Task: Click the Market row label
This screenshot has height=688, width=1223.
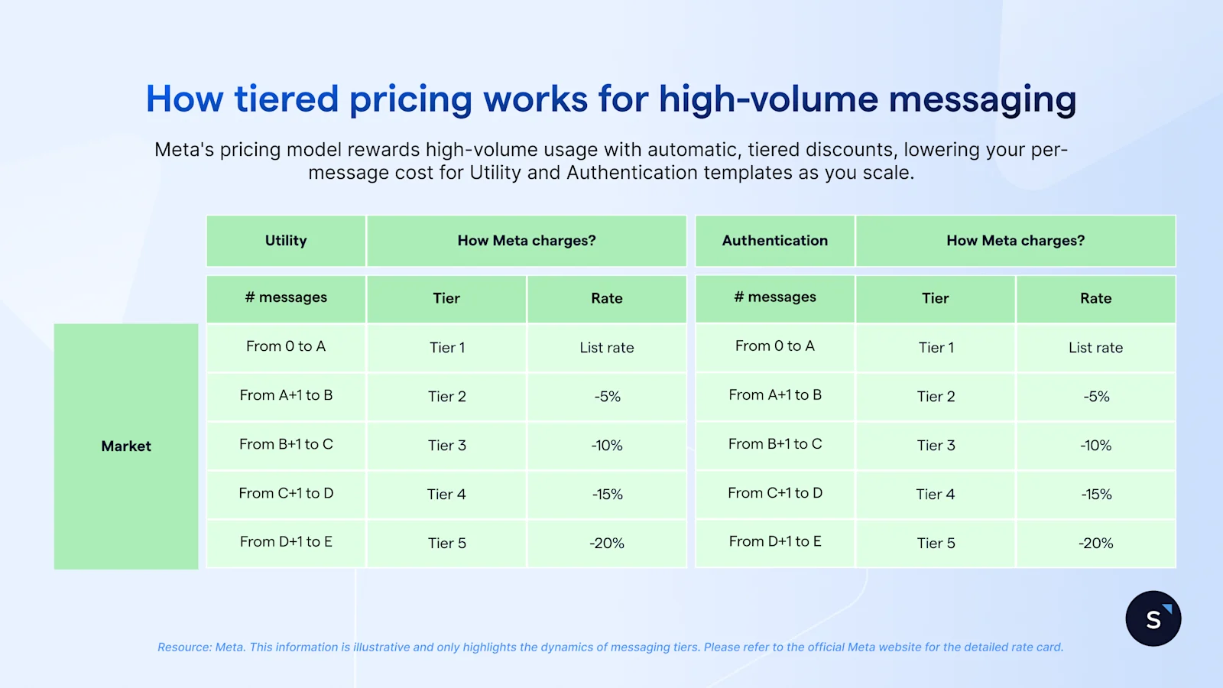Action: point(126,446)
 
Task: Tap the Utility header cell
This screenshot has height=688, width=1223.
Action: point(286,241)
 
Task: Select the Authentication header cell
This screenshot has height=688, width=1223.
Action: point(774,241)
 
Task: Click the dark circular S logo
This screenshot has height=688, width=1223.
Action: point(1153,618)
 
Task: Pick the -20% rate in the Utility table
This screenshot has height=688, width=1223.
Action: point(607,544)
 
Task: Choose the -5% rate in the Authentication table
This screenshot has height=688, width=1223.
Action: point(1095,397)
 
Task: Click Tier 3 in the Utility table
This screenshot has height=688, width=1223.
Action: point(446,446)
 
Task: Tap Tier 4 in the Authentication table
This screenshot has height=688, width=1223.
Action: point(936,495)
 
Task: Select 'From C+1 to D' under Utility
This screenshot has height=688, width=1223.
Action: point(286,494)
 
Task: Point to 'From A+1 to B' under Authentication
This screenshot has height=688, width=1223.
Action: point(774,395)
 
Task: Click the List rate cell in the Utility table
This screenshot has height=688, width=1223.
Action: point(607,348)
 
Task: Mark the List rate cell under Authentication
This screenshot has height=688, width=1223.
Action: point(1095,348)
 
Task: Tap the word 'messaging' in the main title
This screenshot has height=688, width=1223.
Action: point(982,100)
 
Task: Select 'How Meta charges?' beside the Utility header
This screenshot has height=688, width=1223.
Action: point(527,241)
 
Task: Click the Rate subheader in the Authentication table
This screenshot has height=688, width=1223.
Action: point(1095,299)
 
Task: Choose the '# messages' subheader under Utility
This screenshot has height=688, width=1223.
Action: point(286,297)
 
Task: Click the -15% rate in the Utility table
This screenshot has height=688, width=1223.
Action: point(607,495)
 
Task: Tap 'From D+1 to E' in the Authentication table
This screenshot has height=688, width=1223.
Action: point(774,542)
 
